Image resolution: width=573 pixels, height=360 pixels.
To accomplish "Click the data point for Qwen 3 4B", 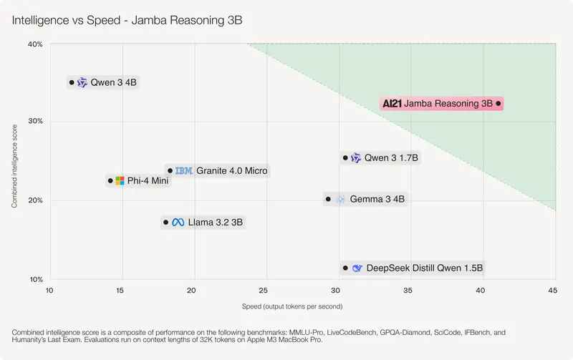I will (x=72, y=82).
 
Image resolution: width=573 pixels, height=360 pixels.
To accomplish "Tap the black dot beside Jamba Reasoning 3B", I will (x=499, y=104).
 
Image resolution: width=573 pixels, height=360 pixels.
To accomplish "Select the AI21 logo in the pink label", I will (x=393, y=104).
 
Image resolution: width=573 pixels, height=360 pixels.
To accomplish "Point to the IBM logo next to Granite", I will (x=184, y=171).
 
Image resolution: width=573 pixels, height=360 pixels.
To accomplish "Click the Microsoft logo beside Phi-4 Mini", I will (x=120, y=181).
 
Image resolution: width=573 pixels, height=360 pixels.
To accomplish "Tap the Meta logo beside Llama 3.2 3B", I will (x=178, y=223).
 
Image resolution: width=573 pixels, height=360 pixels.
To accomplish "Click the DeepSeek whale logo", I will (x=357, y=268).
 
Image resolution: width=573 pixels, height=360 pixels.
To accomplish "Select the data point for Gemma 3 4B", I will (x=328, y=199).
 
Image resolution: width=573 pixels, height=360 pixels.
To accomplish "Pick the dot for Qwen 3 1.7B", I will (x=345, y=157).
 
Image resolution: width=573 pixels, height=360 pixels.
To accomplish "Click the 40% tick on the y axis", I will (x=36, y=44).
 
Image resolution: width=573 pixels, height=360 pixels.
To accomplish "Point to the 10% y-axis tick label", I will (x=36, y=279).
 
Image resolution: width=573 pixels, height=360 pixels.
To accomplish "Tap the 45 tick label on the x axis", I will (x=552, y=291).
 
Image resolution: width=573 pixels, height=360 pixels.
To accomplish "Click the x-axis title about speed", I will (x=292, y=306).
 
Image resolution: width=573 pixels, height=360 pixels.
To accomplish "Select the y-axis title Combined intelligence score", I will (x=14, y=164).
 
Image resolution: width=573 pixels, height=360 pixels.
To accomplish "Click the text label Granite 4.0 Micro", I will (x=231, y=171).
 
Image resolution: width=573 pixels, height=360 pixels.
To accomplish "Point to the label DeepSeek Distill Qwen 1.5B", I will (x=425, y=268).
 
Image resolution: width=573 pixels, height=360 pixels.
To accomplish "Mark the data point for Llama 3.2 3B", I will (x=165, y=223).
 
